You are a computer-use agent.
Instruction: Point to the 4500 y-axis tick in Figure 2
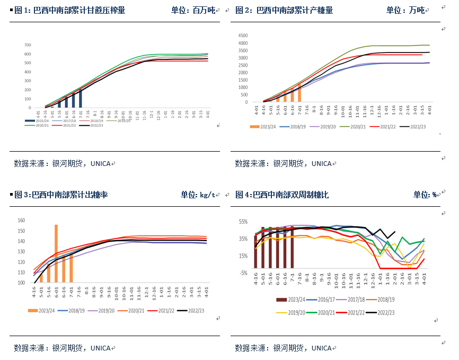point(242,36)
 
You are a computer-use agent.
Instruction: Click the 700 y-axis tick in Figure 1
point(28,45)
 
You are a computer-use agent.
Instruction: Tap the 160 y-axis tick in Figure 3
point(22,221)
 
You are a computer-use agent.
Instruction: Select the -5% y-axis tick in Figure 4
point(243,273)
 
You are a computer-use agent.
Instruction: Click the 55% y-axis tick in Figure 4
point(243,221)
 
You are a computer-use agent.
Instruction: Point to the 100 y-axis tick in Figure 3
point(22,283)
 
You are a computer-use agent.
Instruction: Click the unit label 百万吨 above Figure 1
point(205,10)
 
